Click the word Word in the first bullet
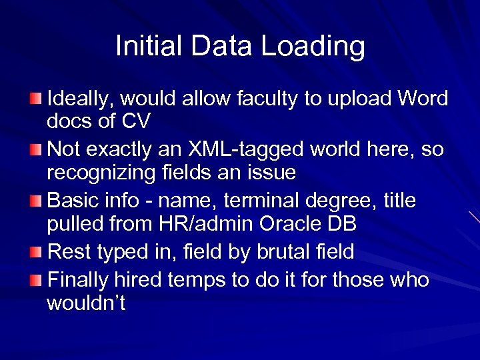423,99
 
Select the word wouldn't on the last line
86,303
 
